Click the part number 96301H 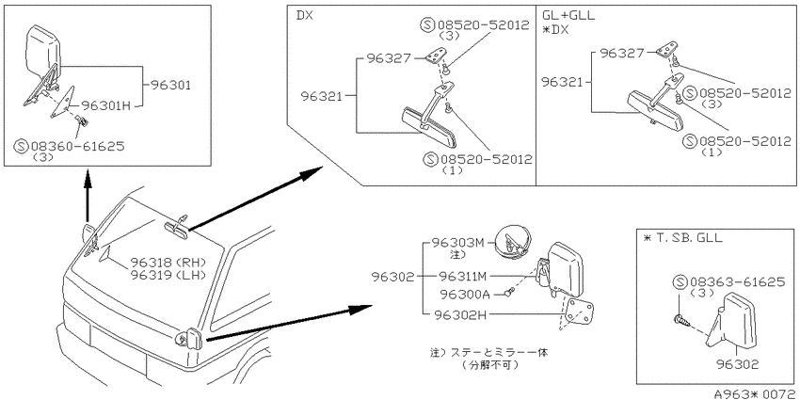[x=106, y=105]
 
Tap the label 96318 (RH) [x=168, y=264]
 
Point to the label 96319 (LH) [x=168, y=275]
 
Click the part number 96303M [x=457, y=242]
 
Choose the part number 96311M [x=463, y=277]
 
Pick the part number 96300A [x=464, y=295]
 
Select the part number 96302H [x=460, y=315]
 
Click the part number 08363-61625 [x=737, y=281]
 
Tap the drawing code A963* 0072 [x=756, y=393]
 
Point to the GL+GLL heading [x=568, y=16]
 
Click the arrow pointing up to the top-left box [x=88, y=198]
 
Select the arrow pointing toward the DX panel [x=256, y=198]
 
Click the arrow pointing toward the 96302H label [x=289, y=323]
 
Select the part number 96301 [x=170, y=86]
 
